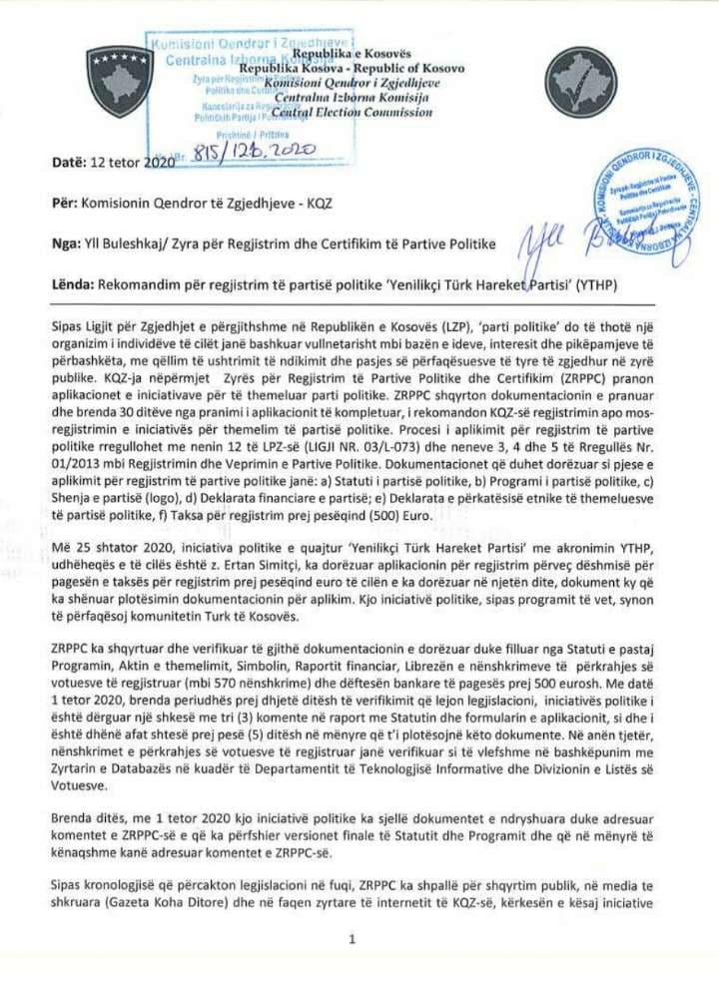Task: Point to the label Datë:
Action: (67, 163)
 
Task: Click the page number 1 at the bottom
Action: (354, 939)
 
